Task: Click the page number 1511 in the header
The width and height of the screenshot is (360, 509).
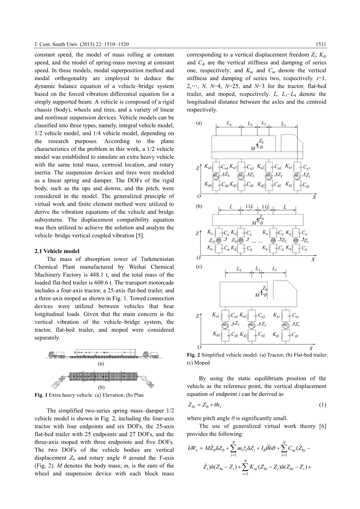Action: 321,44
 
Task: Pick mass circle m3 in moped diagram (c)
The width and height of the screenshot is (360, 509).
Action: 225,325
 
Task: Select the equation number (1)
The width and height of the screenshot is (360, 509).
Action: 323,405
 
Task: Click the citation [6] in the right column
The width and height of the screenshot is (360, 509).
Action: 322,426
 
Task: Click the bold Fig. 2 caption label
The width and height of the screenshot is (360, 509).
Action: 193,355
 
